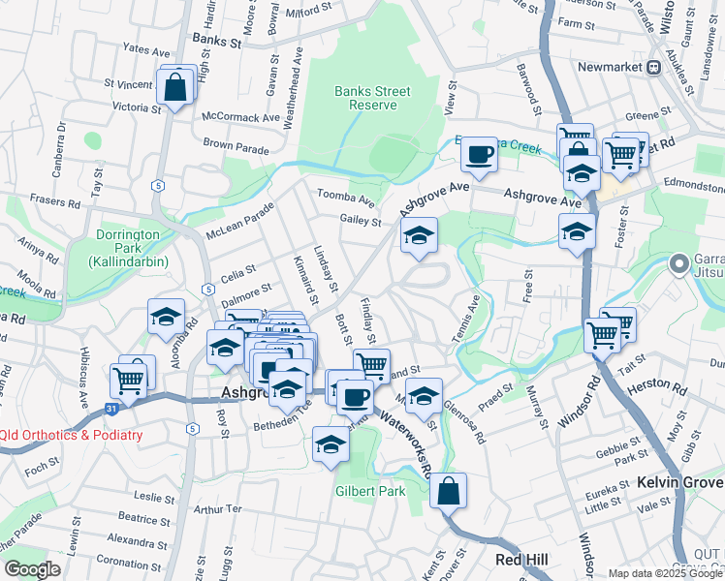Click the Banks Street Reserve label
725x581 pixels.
pyautogui.click(x=372, y=98)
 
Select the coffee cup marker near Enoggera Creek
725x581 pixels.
pyautogui.click(x=479, y=153)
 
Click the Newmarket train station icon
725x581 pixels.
pyautogui.click(x=654, y=67)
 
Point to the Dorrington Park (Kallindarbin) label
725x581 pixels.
pyautogui.click(x=127, y=248)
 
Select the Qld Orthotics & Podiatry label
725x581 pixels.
pyautogui.click(x=72, y=435)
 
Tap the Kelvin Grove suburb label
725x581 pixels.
pyautogui.click(x=679, y=482)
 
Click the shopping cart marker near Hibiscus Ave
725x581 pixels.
pyautogui.click(x=132, y=378)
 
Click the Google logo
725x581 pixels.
pyautogui.click(x=32, y=569)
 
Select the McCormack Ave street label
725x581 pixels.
pyautogui.click(x=240, y=117)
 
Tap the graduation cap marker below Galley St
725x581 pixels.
pyautogui.click(x=419, y=235)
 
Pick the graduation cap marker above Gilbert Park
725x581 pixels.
pyautogui.click(x=331, y=444)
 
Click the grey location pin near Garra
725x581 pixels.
pyautogui.click(x=679, y=261)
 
